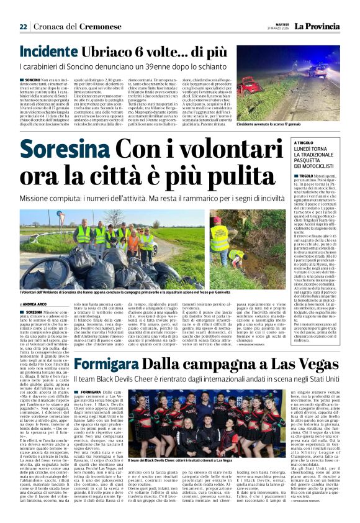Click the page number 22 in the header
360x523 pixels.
23,27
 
